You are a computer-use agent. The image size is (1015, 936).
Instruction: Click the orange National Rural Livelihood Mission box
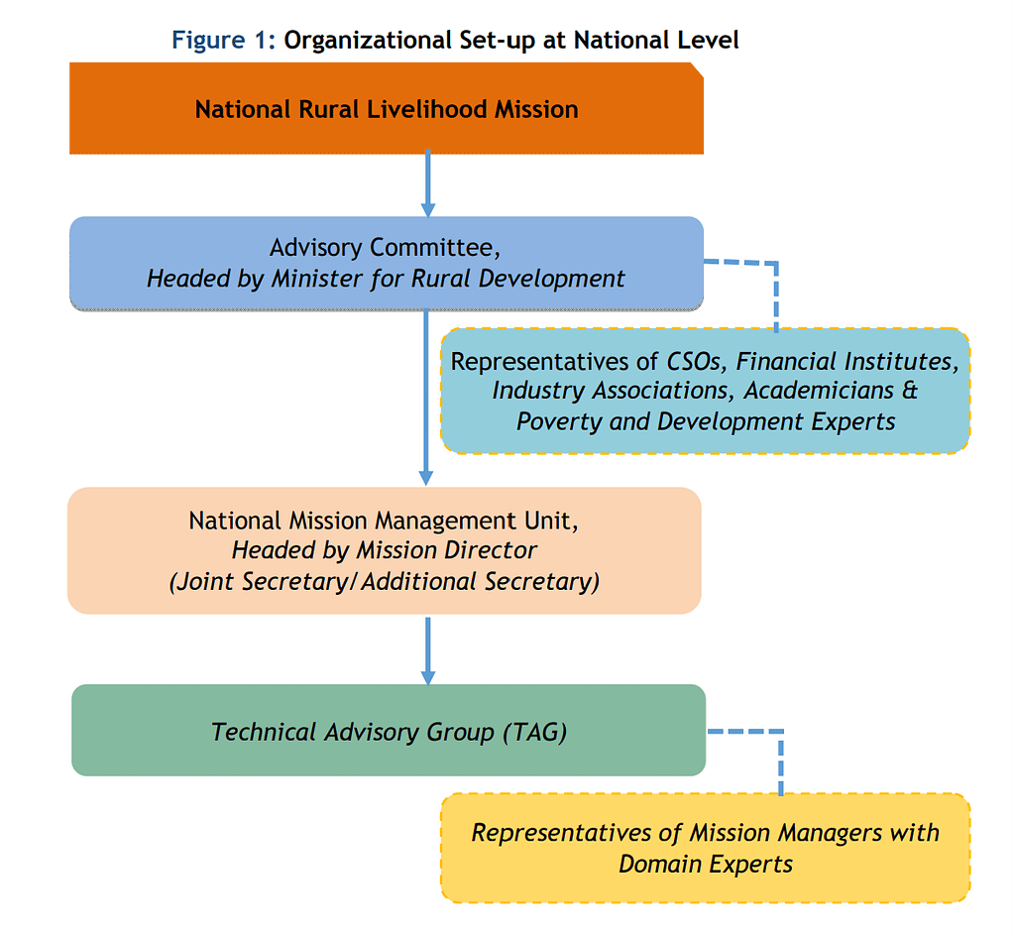387,108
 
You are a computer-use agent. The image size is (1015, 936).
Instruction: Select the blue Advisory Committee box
387,262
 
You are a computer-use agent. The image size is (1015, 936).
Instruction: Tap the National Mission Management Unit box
385,550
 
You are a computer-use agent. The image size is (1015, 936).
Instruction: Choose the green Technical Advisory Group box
389,731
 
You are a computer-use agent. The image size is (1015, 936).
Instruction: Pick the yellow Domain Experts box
705,847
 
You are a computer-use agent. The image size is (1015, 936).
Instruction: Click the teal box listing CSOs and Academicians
705,391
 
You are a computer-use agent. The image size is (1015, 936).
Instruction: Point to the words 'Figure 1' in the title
222,41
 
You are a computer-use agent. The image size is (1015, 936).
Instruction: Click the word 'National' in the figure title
622,41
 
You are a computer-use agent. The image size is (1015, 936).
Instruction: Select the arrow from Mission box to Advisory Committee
428,184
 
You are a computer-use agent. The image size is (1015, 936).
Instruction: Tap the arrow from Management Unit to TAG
428,650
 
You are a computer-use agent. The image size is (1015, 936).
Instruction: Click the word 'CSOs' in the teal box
693,361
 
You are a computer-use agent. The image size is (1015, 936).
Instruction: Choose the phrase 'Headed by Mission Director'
385,550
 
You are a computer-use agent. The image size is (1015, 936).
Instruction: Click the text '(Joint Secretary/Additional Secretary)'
385,581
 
